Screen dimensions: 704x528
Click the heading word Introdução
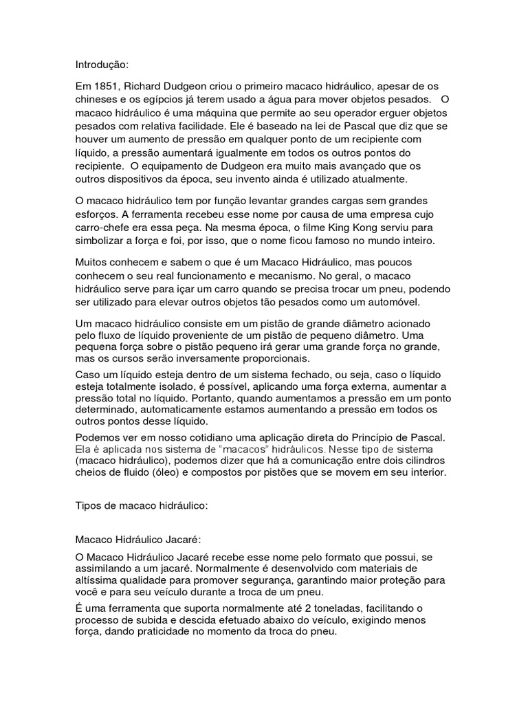(101, 65)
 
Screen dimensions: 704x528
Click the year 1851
(106, 87)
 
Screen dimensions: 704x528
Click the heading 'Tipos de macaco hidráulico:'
(140, 505)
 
